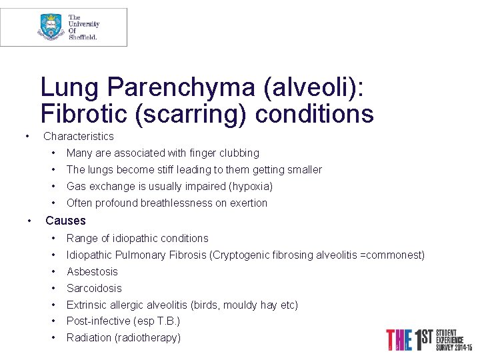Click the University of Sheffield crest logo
pyautogui.click(x=51, y=27)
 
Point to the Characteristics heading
pyautogui.click(x=79, y=137)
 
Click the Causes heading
pyautogui.click(x=65, y=220)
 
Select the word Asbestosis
pyautogui.click(x=92, y=272)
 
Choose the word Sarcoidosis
pyautogui.click(x=94, y=289)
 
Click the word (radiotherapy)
pyautogui.click(x=148, y=338)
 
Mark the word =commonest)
pyautogui.click(x=393, y=255)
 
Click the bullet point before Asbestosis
pyautogui.click(x=52, y=272)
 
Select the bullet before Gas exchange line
pyautogui.click(x=52, y=187)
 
